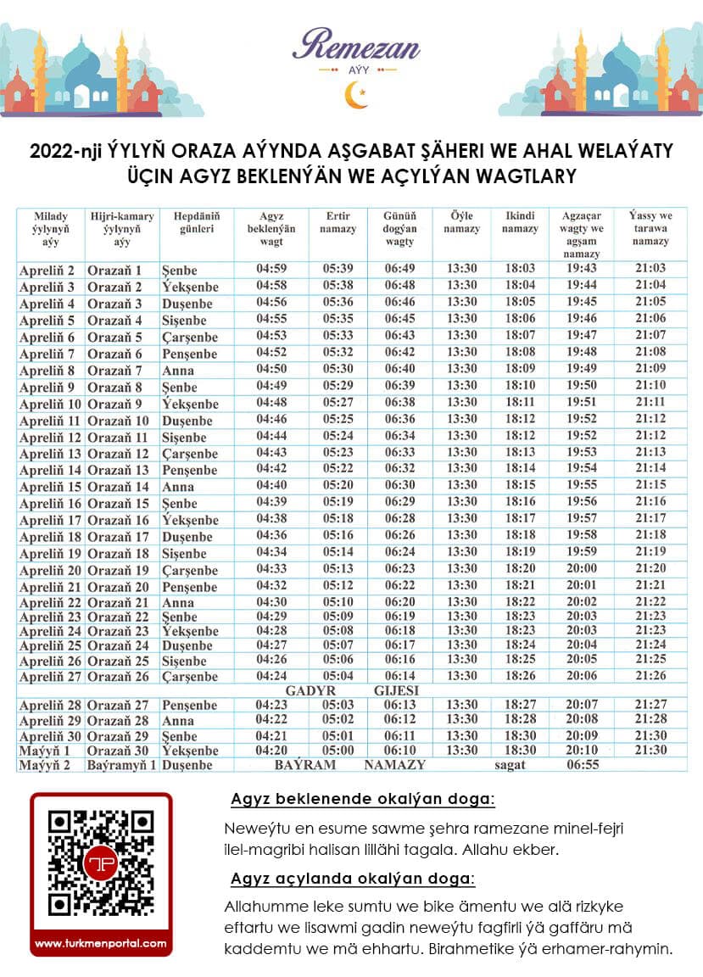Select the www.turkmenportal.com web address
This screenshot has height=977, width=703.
[x=101, y=942]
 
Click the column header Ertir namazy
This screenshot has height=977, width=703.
[x=338, y=222]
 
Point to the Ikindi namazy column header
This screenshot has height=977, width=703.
[x=520, y=222]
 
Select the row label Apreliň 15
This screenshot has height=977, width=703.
[x=50, y=487]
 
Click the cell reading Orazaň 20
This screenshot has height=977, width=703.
[x=118, y=587]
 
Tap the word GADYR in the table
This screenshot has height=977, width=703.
[x=311, y=690]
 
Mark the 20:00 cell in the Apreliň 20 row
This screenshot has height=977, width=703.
[x=581, y=569]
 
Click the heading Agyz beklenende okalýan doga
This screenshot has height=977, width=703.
[x=363, y=800]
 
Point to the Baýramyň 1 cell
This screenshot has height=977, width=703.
[x=121, y=765]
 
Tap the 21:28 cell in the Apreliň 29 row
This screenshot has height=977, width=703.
[x=650, y=719]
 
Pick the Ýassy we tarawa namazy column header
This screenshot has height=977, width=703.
[x=650, y=228]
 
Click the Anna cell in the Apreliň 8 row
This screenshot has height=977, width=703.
[x=178, y=371]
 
